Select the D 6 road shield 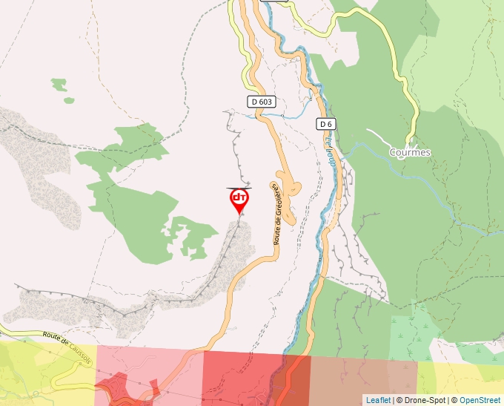click(326, 123)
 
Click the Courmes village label click(409, 151)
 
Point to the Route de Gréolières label click(278, 216)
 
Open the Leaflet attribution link click(378, 400)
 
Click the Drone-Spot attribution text click(422, 400)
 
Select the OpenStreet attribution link click(481, 400)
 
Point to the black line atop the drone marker click(239, 188)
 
